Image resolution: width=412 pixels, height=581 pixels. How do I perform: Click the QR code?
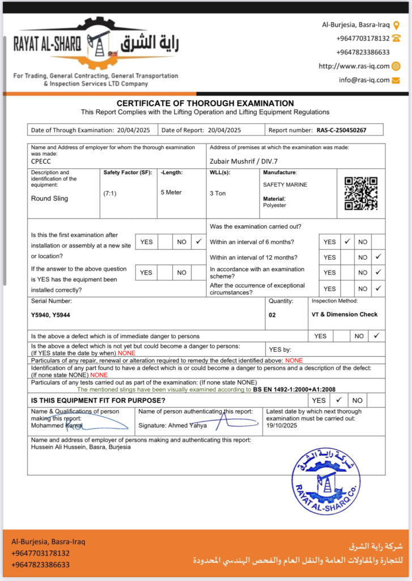[361, 193]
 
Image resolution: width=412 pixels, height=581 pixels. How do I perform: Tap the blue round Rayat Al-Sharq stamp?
[325, 481]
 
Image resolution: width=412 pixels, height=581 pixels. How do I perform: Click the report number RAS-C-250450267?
[341, 130]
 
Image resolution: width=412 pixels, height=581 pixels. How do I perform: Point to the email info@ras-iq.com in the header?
[364, 80]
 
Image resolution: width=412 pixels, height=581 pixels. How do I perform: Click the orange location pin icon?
[396, 25]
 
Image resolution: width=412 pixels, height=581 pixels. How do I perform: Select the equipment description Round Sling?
[49, 199]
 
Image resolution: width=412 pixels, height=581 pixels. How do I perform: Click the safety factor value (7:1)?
[110, 193]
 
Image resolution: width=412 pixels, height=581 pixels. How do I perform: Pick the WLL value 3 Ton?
[218, 193]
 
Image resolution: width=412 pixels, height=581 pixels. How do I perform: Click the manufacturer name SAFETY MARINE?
[285, 185]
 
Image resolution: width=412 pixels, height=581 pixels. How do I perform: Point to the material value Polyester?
[274, 205]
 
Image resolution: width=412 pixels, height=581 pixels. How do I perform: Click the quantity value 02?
[272, 315]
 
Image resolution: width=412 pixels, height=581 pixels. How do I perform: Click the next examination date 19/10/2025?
[282, 425]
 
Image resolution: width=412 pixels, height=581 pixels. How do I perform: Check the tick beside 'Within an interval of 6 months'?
[347, 242]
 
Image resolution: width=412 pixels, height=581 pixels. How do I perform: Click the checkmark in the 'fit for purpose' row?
[338, 400]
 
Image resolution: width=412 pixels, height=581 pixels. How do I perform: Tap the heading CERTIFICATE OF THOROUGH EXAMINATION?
[205, 103]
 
